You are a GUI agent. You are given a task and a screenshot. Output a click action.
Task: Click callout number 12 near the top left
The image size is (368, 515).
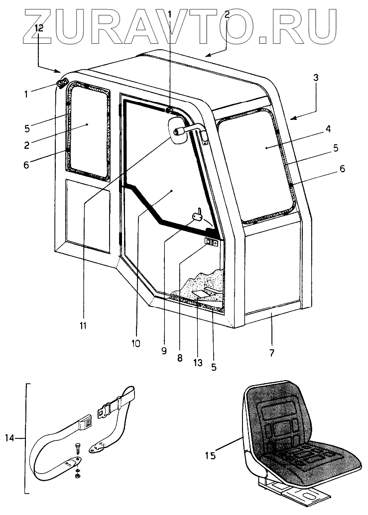39,29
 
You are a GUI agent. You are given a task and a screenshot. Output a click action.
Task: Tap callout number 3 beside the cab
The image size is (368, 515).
315,78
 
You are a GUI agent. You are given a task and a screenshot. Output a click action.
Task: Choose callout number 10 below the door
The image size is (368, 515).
136,343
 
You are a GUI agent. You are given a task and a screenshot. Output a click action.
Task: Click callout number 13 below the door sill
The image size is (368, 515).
198,363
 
